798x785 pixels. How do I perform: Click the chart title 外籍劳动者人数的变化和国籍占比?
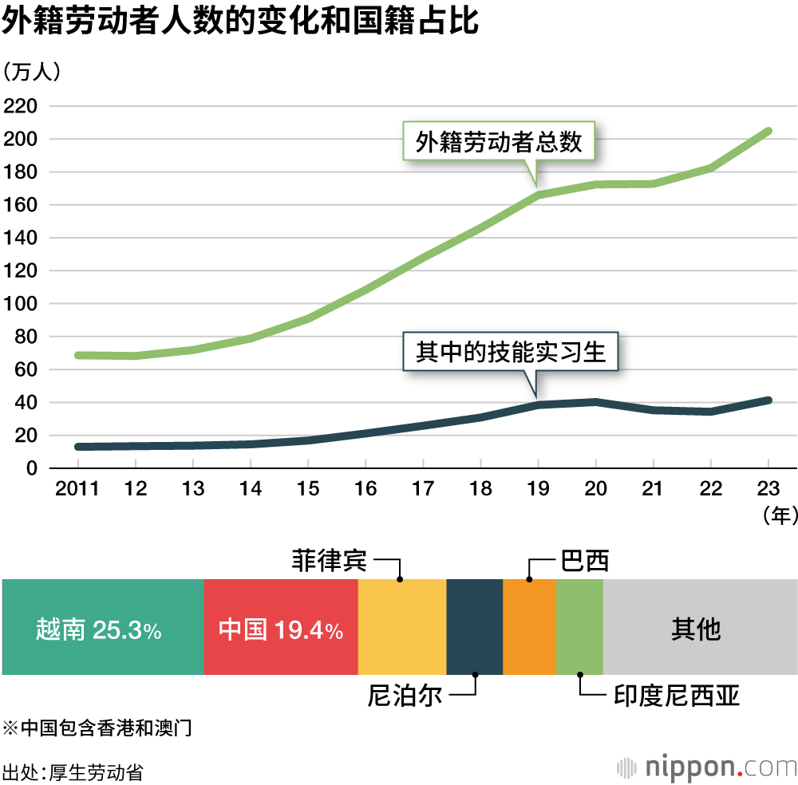(239, 22)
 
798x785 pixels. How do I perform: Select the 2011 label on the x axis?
(77, 488)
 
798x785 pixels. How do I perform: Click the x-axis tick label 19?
(538, 488)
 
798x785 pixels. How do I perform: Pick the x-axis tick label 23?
(768, 488)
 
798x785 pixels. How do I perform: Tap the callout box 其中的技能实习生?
(511, 353)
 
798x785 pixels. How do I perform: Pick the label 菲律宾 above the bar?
(330, 561)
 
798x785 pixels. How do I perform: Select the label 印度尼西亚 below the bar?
(677, 696)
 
